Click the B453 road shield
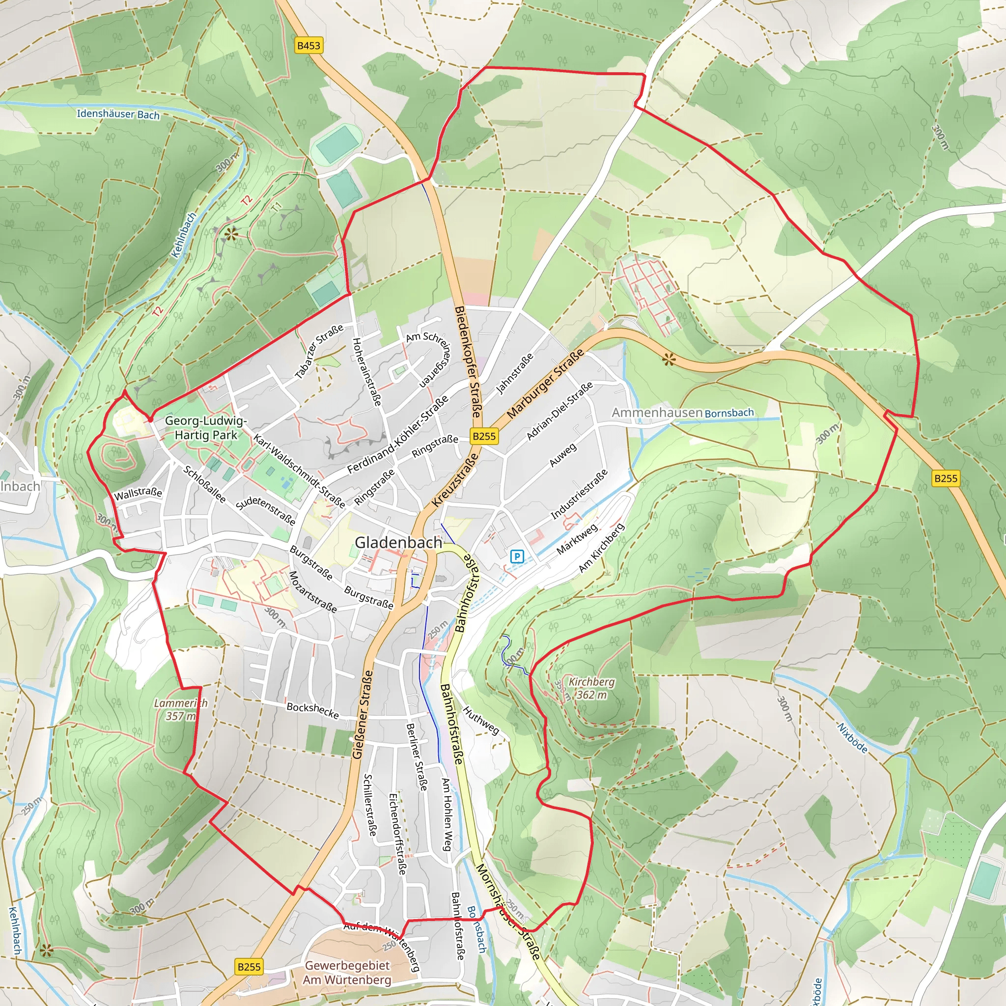[x=308, y=45]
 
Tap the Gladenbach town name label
[x=398, y=543]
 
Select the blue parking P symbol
[x=517, y=557]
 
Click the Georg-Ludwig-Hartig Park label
[x=206, y=427]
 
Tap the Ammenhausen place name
[x=657, y=413]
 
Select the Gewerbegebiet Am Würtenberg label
[x=347, y=972]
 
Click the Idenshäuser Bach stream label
[x=118, y=114]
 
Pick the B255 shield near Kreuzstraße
[x=484, y=436]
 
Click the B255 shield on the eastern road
[x=946, y=478]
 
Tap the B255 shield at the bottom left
[x=249, y=967]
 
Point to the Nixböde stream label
[x=852, y=737]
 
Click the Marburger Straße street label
[x=545, y=384]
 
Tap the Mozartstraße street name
[x=312, y=591]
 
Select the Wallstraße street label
[x=138, y=493]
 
